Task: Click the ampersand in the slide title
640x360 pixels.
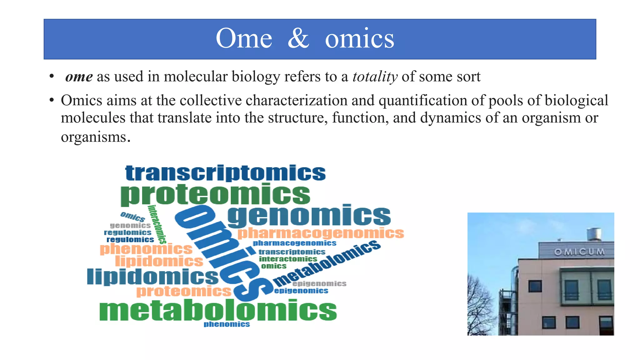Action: (x=298, y=39)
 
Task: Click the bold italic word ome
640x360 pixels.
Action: (x=79, y=77)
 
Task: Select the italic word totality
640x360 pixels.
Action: (x=375, y=77)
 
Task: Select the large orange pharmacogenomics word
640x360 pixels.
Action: (x=321, y=233)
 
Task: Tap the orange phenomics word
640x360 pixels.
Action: (x=146, y=249)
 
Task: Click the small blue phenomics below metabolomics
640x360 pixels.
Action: (x=227, y=324)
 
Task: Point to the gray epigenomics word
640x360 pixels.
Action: (x=319, y=284)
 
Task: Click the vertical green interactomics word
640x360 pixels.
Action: (x=157, y=224)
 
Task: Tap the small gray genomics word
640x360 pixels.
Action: (x=130, y=226)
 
